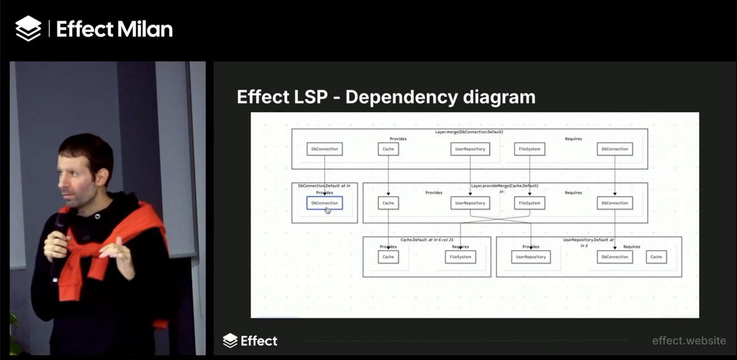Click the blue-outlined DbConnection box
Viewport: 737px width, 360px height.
325,203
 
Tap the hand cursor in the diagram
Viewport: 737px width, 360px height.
328,210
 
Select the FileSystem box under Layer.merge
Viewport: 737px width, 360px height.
529,149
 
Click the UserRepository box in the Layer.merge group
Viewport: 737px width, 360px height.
470,149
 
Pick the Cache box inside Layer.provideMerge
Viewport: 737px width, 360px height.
388,203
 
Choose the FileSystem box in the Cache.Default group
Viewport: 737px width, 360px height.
460,257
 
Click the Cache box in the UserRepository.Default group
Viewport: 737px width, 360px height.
656,257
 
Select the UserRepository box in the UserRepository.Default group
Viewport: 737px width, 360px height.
530,257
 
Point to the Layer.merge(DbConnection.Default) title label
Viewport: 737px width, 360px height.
469,132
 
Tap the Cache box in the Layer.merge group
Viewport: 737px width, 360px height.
388,149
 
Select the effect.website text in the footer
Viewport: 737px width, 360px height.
688,340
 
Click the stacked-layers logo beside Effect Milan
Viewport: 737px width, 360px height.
28,28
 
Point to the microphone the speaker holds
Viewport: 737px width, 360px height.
60,227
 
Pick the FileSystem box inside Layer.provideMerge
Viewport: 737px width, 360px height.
529,203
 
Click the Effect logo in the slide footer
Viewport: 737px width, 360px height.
250,340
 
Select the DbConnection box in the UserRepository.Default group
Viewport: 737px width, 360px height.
615,257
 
